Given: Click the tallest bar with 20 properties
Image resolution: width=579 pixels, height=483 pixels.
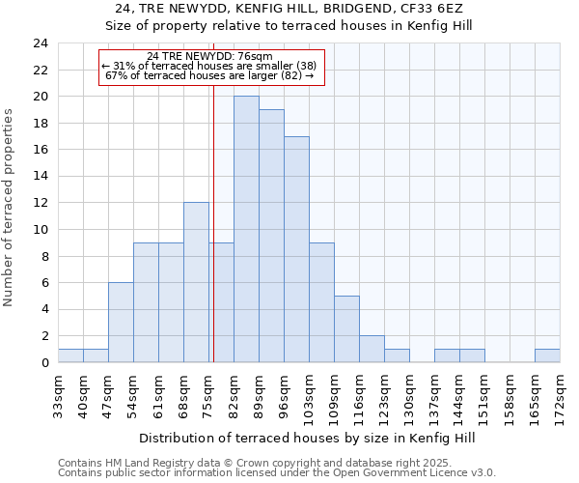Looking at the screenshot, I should coord(246,229).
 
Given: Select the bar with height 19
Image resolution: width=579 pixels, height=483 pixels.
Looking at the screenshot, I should coord(271,236).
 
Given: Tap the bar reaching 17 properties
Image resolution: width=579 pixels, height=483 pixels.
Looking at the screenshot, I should coord(296,249).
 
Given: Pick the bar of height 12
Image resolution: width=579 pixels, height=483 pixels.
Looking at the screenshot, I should coord(196,282).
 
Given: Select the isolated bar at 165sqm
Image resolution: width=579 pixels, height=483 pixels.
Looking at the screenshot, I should coord(547,355).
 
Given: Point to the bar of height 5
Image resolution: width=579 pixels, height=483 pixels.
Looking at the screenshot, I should coord(346,328).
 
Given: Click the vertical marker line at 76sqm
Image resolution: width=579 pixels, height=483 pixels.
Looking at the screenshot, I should coord(213,193).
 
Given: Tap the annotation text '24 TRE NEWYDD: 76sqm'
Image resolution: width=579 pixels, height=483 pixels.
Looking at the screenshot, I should coord(209,56).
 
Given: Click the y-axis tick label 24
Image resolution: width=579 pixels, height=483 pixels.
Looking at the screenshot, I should coord(40,43).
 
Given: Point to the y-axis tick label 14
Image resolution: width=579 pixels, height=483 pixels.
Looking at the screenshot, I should coord(40,177).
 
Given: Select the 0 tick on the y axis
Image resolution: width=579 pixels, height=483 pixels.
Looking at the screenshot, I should coord(43,363).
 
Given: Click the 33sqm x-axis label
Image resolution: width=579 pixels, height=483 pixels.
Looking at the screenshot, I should coord(58,392).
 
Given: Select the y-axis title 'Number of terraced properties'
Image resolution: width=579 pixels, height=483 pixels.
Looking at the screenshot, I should coord(10,208).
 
